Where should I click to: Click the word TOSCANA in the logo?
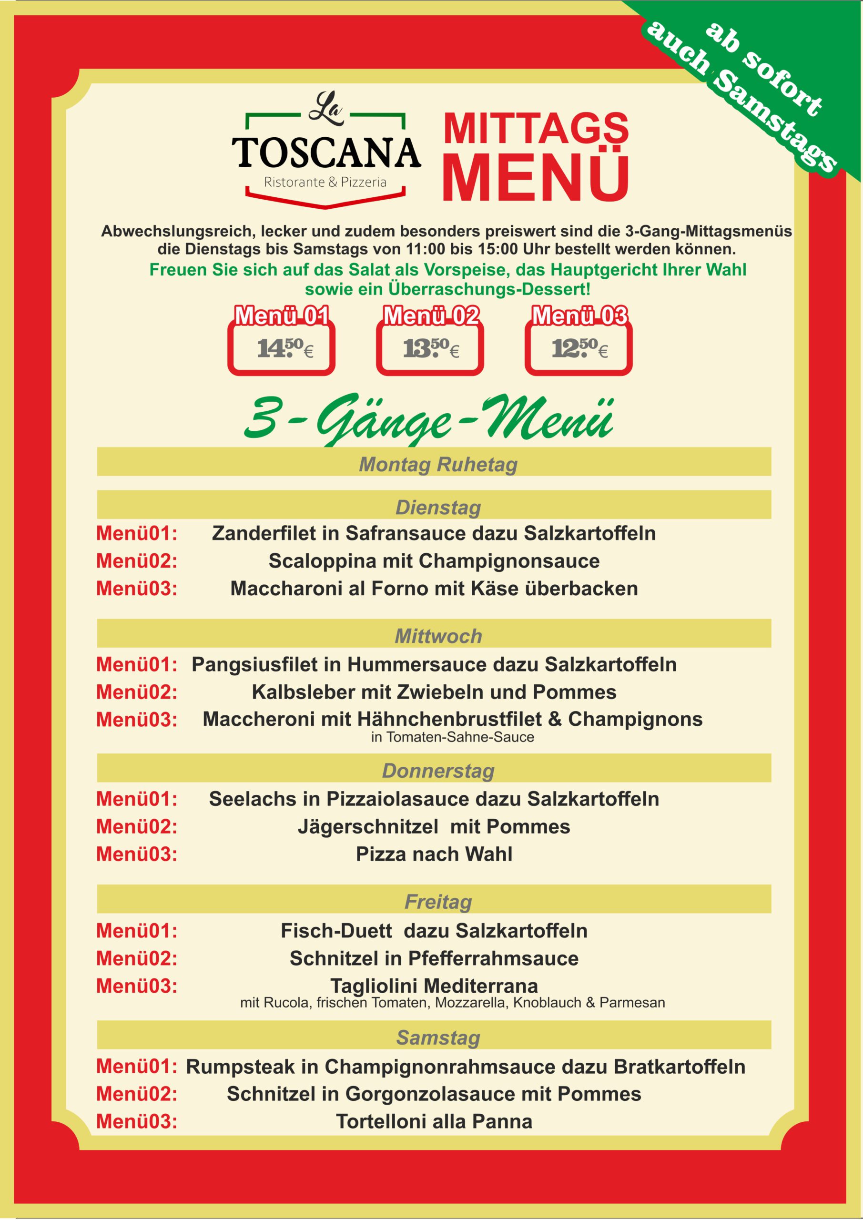coord(326,152)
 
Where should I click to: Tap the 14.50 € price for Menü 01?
coord(284,348)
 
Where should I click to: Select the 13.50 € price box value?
coord(430,348)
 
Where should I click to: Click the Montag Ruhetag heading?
coord(438,464)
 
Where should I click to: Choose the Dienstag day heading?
coord(438,508)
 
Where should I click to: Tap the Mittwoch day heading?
coord(438,636)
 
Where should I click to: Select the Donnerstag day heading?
coord(438,771)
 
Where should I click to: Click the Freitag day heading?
coord(438,902)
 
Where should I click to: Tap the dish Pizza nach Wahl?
coord(434,854)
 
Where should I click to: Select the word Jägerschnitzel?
coord(368,826)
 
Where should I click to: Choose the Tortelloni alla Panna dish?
coord(434,1121)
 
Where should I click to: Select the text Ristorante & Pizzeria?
coord(325,182)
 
